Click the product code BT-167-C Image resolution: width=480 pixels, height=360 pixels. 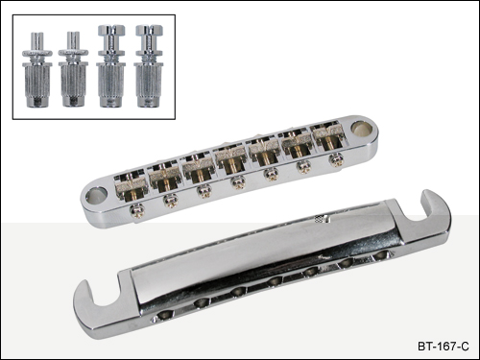(444, 347)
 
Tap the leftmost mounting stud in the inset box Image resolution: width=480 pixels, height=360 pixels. (36, 69)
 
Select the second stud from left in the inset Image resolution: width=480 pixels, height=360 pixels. (73, 69)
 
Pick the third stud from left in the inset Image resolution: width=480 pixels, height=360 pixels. (111, 66)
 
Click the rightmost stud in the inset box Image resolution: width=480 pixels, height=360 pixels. (149, 66)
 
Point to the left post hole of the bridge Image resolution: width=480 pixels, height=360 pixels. (96, 195)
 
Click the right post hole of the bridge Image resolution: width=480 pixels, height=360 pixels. (361, 128)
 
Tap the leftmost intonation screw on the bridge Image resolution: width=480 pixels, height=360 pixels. (137, 210)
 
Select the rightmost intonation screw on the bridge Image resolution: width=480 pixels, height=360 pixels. (336, 159)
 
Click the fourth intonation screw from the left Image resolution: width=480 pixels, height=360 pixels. (237, 183)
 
